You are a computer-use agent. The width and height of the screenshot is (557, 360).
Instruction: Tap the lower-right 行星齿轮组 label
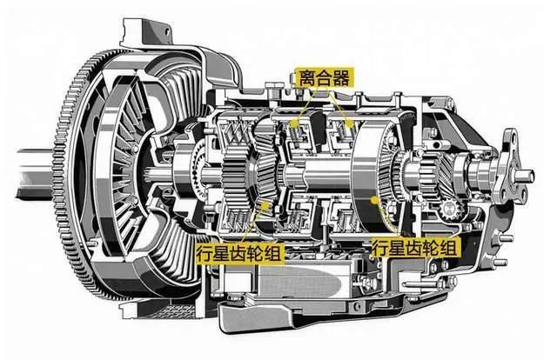point(415,248)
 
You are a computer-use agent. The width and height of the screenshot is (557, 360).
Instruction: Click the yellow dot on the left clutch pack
point(293,123)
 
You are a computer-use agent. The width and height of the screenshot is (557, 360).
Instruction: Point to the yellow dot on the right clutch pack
point(349,123)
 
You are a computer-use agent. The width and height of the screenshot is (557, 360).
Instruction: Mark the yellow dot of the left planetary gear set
point(264,205)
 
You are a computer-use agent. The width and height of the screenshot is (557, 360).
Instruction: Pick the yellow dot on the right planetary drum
point(373,201)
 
